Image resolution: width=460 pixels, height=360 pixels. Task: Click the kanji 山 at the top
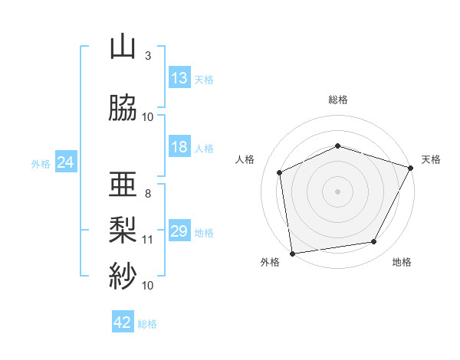123,48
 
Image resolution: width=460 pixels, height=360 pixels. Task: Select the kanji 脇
123,107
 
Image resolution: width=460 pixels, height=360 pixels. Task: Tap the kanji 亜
123,184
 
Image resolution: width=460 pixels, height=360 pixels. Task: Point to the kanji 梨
123,230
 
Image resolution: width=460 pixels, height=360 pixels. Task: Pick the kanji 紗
123,275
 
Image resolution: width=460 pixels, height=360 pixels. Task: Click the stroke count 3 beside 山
148,56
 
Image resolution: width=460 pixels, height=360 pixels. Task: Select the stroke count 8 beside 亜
148,194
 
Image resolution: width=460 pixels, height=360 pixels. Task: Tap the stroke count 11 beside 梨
147,240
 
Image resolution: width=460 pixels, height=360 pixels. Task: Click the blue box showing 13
180,77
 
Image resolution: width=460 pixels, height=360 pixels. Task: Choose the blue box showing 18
180,146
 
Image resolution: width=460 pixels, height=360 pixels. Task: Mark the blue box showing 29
180,230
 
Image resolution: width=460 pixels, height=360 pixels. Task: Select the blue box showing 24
66,162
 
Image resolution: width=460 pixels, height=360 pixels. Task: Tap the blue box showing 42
123,321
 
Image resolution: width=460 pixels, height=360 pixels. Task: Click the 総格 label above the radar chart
338,100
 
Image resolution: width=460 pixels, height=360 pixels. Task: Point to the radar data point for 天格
411,168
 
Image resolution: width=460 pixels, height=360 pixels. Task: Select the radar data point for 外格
293,254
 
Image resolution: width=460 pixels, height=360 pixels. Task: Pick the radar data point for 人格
280,172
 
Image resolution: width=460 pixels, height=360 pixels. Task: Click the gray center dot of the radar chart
337,191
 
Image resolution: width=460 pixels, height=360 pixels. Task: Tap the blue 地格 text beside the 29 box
204,233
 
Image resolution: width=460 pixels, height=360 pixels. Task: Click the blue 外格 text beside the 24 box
41,164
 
